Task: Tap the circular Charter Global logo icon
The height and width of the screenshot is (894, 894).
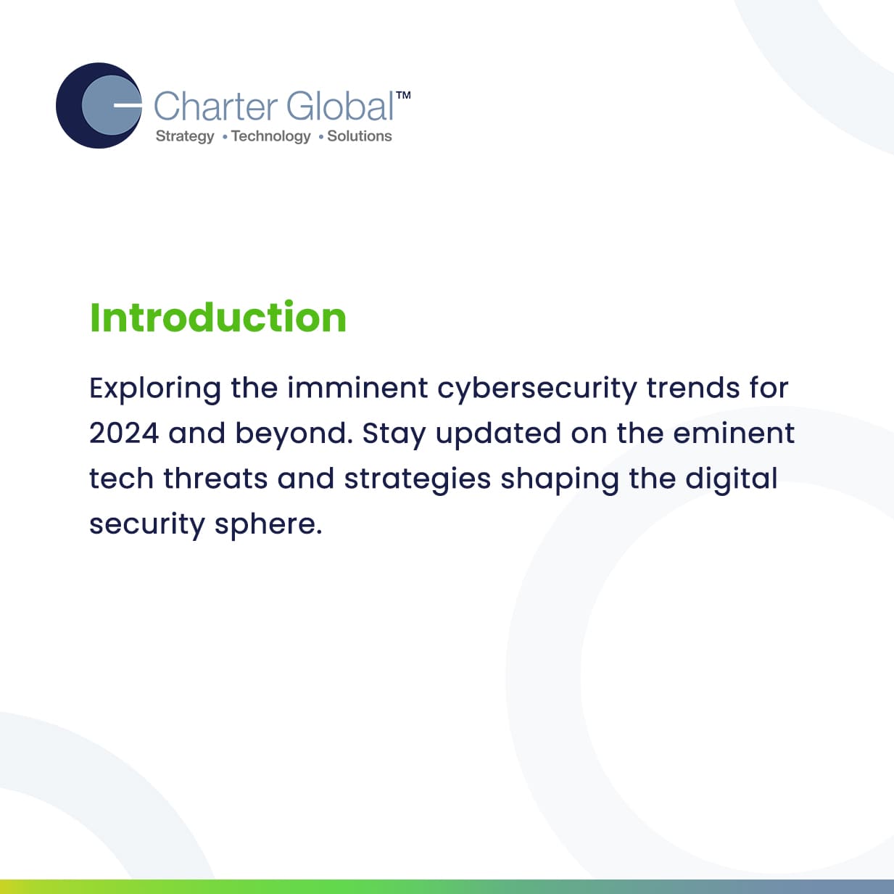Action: (x=99, y=105)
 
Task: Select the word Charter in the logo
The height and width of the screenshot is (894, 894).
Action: (x=215, y=107)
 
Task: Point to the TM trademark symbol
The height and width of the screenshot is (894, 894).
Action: (x=403, y=95)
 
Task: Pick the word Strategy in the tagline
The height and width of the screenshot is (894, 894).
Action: (x=185, y=136)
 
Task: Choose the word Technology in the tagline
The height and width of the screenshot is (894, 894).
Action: (x=271, y=136)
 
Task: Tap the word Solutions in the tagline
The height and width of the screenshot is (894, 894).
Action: (x=360, y=136)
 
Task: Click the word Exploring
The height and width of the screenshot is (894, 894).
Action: (x=155, y=389)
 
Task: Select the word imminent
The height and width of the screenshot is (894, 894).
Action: (x=357, y=388)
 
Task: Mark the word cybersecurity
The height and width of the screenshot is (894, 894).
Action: (x=537, y=389)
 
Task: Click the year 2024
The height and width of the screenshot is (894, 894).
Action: (x=124, y=434)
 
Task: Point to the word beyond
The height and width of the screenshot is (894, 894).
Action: (x=294, y=434)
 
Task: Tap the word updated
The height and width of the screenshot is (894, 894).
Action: (x=498, y=434)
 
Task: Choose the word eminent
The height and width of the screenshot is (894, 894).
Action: (x=734, y=434)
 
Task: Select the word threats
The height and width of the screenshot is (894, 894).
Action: (x=216, y=479)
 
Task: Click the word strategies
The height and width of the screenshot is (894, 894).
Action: (x=418, y=479)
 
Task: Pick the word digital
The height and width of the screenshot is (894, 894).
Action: (x=731, y=479)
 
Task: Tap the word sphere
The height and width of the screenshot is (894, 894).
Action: (x=268, y=524)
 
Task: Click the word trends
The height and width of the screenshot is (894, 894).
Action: (x=693, y=388)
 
